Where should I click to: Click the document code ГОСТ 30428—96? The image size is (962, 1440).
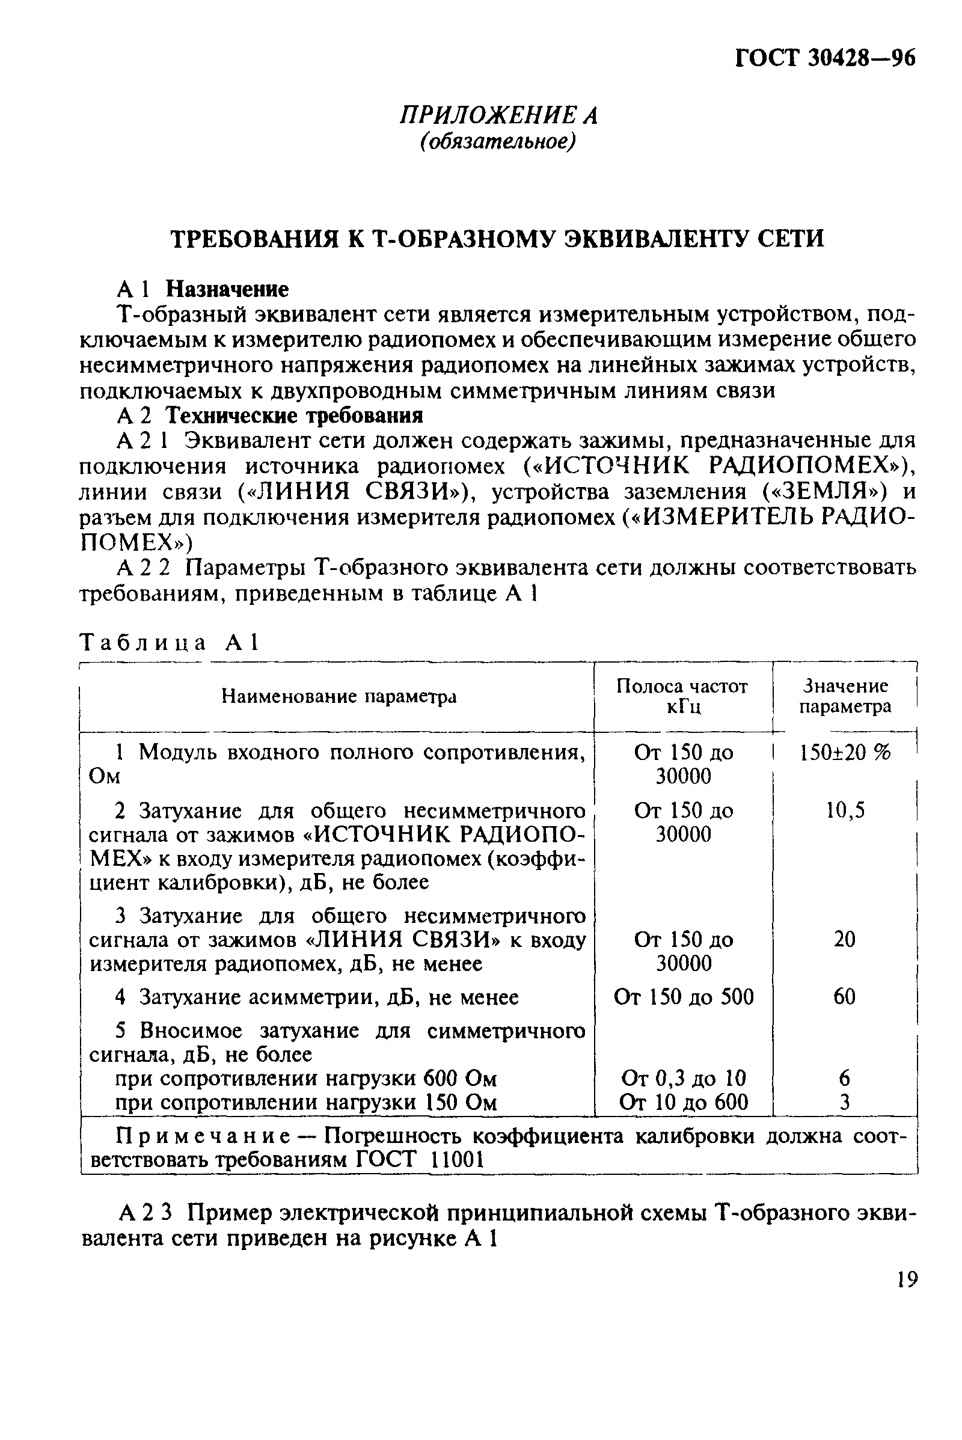(x=824, y=58)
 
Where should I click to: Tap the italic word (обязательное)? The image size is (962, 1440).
(x=498, y=142)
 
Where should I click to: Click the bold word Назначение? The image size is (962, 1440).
(x=227, y=289)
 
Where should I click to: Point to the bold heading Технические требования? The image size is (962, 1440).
(x=295, y=416)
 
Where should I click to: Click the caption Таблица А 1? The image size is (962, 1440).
(x=171, y=642)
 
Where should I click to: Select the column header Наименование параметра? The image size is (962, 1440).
(x=339, y=696)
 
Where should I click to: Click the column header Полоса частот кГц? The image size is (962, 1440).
(x=682, y=696)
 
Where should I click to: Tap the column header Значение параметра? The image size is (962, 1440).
(x=845, y=696)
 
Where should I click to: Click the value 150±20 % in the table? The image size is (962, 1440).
(x=845, y=752)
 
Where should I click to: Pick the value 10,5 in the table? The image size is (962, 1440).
(x=845, y=811)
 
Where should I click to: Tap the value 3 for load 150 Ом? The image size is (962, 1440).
(x=845, y=1103)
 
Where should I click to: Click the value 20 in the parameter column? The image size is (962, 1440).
(x=844, y=939)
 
